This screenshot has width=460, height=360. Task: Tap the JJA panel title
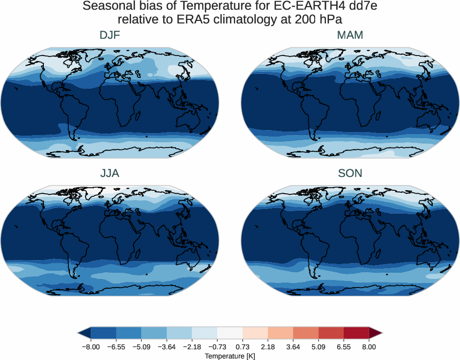click(x=110, y=173)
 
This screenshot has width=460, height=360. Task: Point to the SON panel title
click(x=350, y=173)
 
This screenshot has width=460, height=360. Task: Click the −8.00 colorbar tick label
click(x=90, y=347)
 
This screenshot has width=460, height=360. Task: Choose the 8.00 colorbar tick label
click(x=369, y=347)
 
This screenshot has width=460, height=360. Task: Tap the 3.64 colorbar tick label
click(x=293, y=347)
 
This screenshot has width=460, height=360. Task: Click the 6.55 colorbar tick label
click(x=343, y=347)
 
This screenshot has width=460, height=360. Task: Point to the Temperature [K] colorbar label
click(x=229, y=355)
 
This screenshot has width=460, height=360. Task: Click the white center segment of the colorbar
click(x=229, y=333)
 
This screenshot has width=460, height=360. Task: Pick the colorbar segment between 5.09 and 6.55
click(x=331, y=333)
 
